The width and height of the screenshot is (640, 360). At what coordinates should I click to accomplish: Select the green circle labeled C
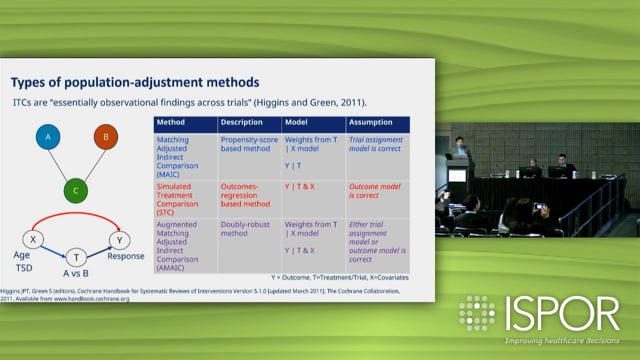coord(73,189)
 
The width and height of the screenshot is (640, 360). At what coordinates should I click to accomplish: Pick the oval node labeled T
coord(75,257)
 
